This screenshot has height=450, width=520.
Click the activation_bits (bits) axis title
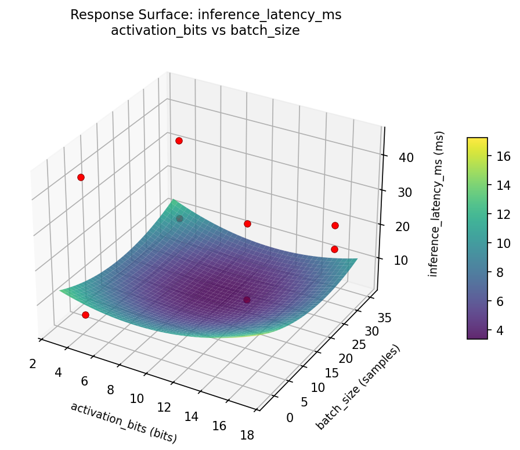click(x=124, y=422)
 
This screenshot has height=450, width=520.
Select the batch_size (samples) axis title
click(x=358, y=387)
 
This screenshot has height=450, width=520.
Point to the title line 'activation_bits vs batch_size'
click(x=205, y=31)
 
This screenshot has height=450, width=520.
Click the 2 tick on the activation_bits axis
click(x=32, y=364)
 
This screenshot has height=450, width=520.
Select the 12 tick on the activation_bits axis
click(x=164, y=408)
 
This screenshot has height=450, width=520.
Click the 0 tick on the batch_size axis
click(x=290, y=417)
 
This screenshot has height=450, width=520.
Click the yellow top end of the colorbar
click(x=477, y=140)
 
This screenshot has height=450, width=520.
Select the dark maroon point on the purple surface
click(x=247, y=300)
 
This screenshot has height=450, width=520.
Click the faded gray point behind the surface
click(x=179, y=218)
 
